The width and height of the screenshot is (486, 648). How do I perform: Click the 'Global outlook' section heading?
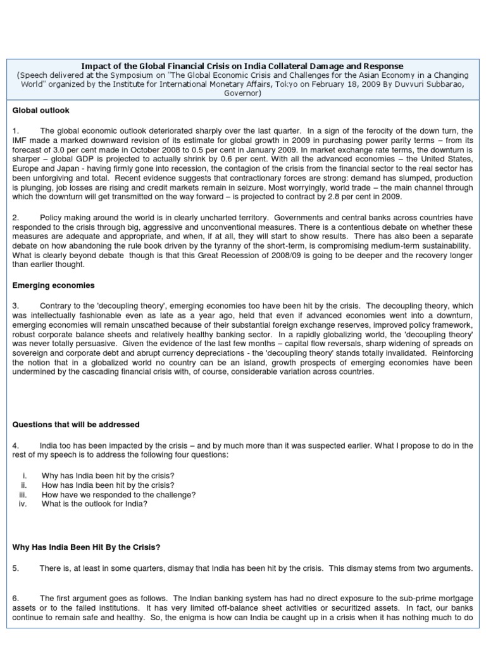tap(41, 111)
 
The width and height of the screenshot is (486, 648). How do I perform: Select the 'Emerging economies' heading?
tap(53, 285)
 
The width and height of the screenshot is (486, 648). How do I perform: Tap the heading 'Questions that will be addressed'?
tap(76, 424)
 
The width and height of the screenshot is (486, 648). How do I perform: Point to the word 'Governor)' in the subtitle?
tap(242, 93)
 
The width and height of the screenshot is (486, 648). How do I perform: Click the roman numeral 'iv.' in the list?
tap(23, 504)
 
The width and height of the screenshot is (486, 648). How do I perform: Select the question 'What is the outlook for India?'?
tap(94, 504)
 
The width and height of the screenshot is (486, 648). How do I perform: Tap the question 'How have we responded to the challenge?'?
tap(118, 494)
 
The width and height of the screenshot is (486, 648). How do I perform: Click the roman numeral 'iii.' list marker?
tap(23, 494)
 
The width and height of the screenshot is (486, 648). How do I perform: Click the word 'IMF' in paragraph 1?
tap(20, 140)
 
